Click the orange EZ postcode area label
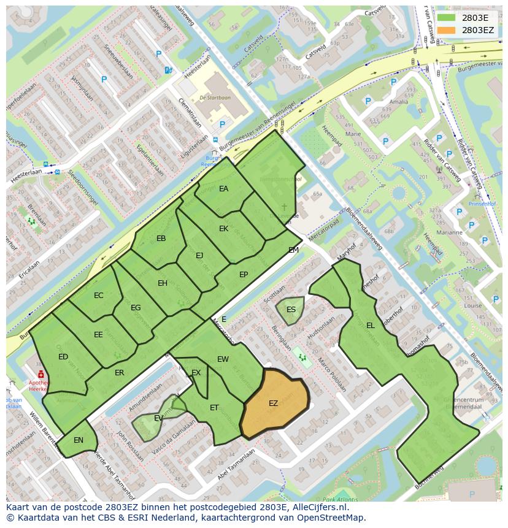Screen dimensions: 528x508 coord(273,403)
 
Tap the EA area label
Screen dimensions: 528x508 coord(223,189)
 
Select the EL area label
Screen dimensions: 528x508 coord(370,326)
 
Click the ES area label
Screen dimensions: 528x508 coord(291,309)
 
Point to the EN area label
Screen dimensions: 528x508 coord(79,440)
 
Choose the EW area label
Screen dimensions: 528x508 coord(223,359)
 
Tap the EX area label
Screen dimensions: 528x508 coord(196,373)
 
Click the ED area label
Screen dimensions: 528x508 coord(63,357)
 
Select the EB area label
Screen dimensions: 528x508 coord(161,239)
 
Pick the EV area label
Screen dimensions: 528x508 coord(158,418)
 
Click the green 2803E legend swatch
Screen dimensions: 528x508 coord(446,18)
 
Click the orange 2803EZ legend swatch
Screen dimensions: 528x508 coord(446,29)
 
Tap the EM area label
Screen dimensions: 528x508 coord(293,250)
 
